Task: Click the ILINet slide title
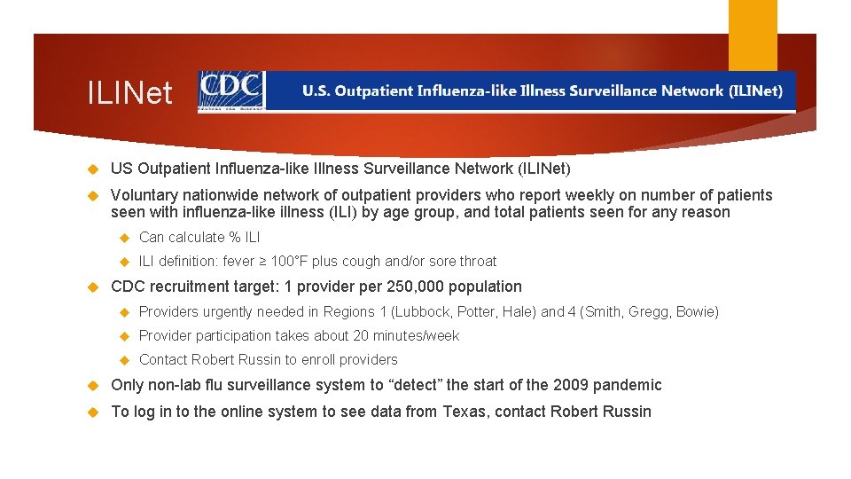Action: (x=129, y=92)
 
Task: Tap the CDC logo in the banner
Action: (x=231, y=90)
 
